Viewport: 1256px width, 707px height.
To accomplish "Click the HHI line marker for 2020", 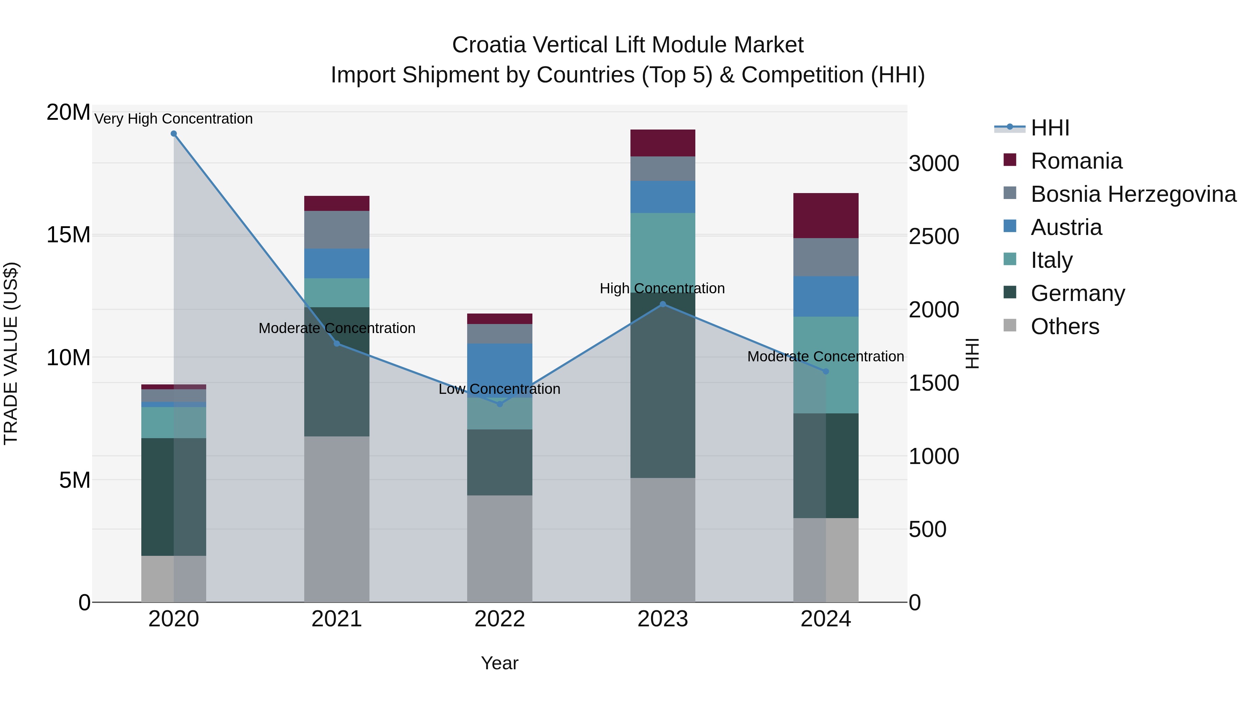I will coord(174,134).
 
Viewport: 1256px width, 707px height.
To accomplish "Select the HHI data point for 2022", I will coord(500,404).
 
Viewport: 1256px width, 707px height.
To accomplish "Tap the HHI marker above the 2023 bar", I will coord(663,304).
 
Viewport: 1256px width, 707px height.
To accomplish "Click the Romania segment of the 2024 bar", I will coord(825,216).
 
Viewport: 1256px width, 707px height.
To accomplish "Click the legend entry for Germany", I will coord(1078,293).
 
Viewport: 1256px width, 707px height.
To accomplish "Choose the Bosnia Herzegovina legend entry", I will coord(1133,194).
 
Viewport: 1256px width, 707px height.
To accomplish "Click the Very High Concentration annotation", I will coord(174,119).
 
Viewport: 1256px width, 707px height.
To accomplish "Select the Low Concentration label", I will coord(499,389).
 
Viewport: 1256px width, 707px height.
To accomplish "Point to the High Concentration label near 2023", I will coord(662,288).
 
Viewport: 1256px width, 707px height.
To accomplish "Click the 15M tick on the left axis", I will coord(68,235).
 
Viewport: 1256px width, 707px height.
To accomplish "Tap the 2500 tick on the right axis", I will coord(934,237).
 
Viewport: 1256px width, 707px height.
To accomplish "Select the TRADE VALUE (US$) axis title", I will coord(11,353).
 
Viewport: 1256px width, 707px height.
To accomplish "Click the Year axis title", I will coord(499,663).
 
